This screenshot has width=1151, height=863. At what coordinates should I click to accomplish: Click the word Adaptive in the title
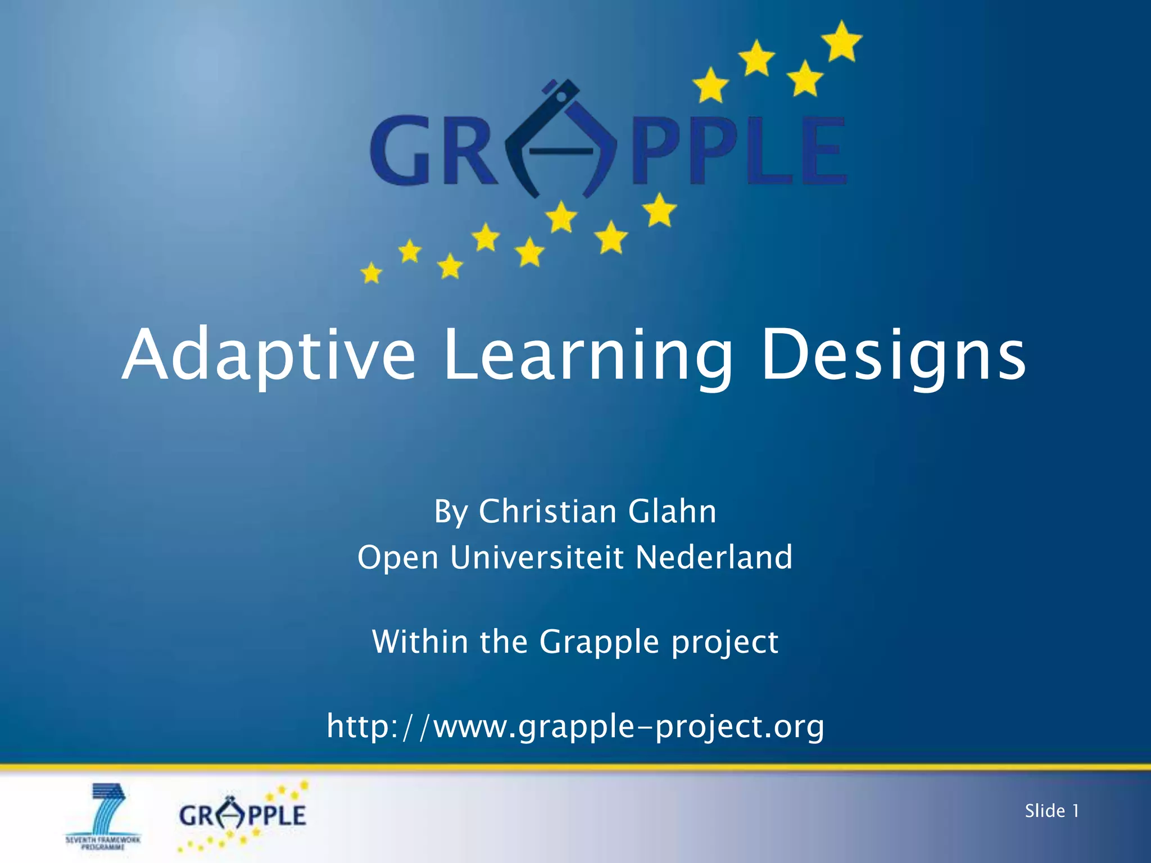[269, 356]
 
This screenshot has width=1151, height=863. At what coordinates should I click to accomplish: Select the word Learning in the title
[588, 356]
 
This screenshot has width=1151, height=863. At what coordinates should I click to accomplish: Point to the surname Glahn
[672, 511]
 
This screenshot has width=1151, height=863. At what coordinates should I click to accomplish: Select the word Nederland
[714, 557]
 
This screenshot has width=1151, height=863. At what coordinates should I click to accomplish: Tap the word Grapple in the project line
[599, 642]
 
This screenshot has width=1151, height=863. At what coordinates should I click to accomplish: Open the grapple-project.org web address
[575, 726]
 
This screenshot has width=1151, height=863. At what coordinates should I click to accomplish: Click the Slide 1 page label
[1052, 811]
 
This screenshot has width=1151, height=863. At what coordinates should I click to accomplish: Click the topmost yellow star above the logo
[842, 40]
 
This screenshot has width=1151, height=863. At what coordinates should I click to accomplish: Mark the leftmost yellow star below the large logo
[371, 274]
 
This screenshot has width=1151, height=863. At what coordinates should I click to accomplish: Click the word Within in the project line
[419, 642]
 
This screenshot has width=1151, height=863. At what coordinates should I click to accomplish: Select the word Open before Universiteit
[398, 557]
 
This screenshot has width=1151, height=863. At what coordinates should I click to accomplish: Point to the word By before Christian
[451, 511]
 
